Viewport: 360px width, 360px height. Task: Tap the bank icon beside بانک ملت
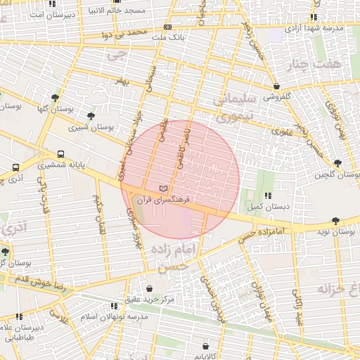pos(167,26)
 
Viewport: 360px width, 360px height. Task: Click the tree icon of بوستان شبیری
pos(90,116)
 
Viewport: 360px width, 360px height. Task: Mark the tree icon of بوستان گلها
pos(56,98)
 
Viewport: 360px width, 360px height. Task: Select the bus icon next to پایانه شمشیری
pos(61,155)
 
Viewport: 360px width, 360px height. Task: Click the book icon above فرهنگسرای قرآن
pos(164,189)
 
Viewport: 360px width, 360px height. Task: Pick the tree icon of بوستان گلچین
pos(337,163)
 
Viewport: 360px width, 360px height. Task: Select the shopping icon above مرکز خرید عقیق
pos(149,288)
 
